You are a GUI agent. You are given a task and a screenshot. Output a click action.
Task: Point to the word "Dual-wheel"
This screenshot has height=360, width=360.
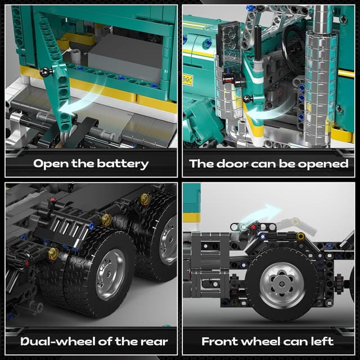[x=59, y=341]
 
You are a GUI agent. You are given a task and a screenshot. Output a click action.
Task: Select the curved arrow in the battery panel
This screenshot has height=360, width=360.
[x=84, y=96]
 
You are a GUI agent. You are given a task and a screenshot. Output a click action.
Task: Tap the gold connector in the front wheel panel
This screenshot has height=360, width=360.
[x=301, y=236]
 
